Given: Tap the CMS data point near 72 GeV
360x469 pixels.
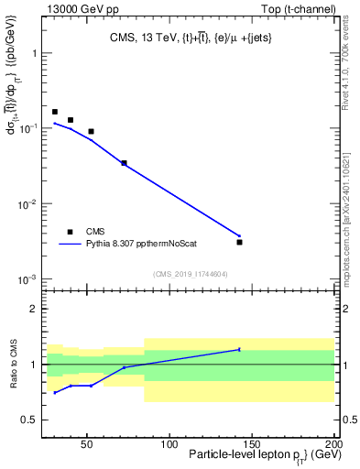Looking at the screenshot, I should click(x=124, y=163).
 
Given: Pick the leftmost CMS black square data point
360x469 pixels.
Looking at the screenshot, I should click(x=55, y=112).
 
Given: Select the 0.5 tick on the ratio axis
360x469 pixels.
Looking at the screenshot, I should click(x=32, y=420).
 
